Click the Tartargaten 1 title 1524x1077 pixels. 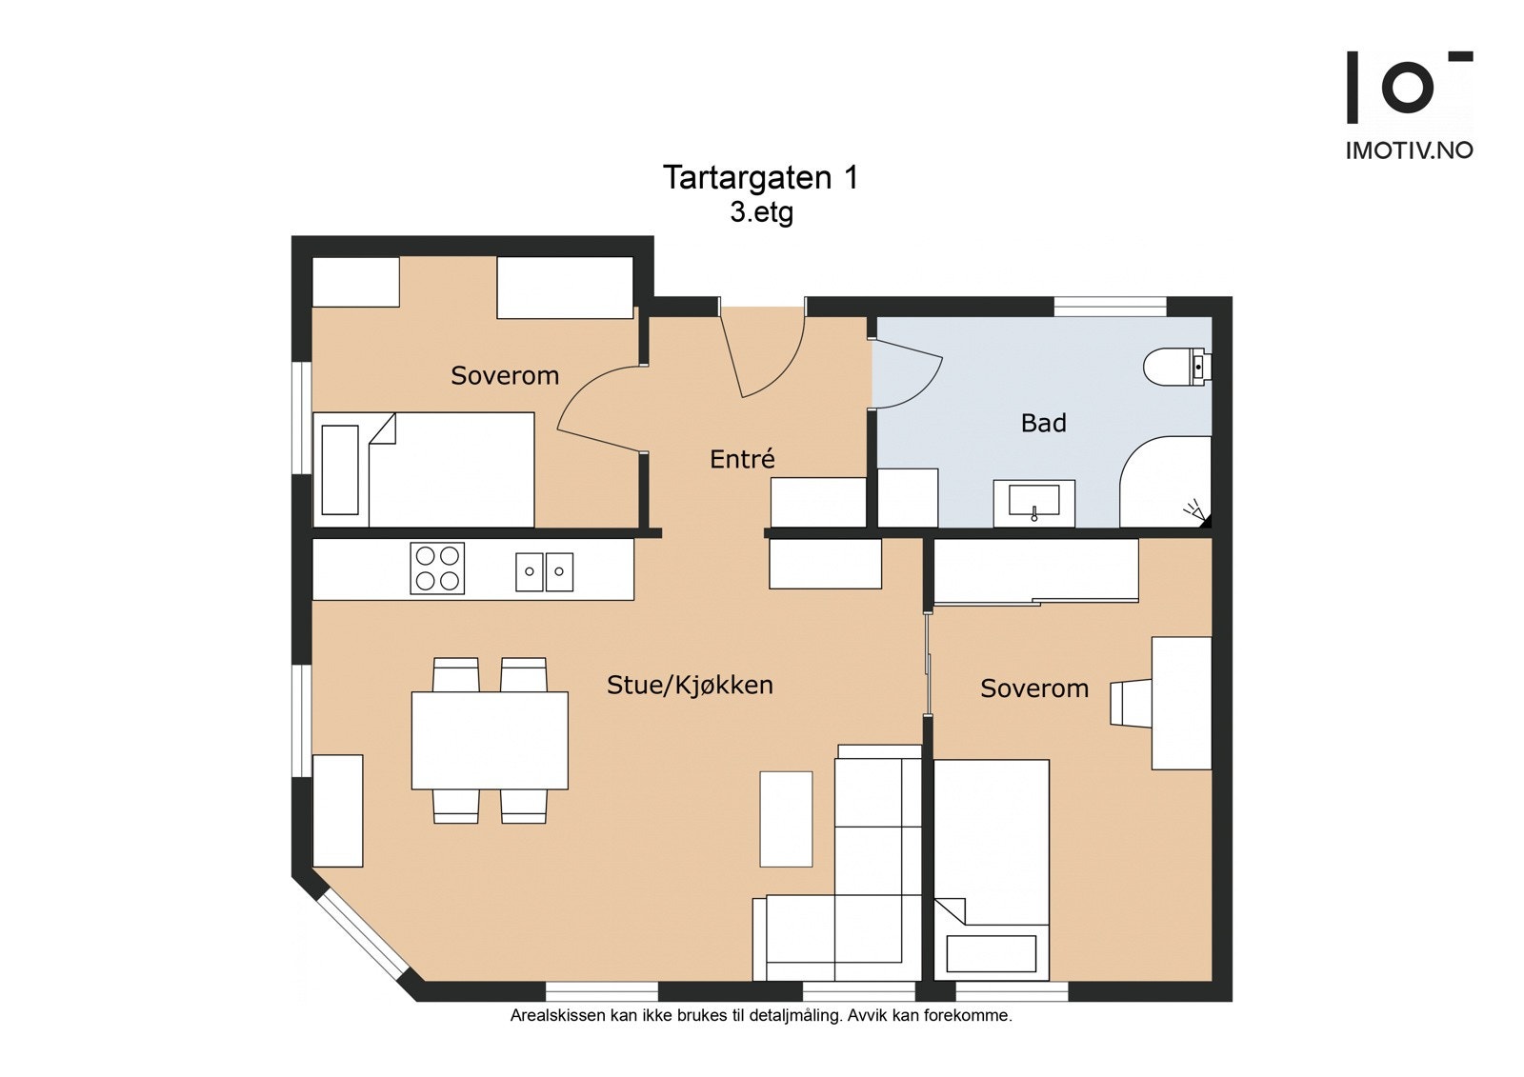(x=761, y=178)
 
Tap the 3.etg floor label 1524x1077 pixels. (x=761, y=213)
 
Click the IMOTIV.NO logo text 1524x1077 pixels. (x=1409, y=151)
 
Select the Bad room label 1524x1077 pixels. (x=1043, y=423)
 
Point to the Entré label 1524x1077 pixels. (x=742, y=459)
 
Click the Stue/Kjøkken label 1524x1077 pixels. (x=690, y=685)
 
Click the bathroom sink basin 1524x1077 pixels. (x=1033, y=502)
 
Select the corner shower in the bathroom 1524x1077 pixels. (x=1166, y=482)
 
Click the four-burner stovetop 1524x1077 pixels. (x=437, y=568)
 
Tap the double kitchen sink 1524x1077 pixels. (x=544, y=572)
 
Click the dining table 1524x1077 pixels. (x=490, y=741)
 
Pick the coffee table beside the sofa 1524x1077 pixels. (x=786, y=819)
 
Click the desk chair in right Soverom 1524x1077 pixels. (x=1131, y=703)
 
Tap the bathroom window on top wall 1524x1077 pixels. (x=1111, y=307)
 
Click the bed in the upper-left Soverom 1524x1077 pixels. (x=423, y=469)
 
